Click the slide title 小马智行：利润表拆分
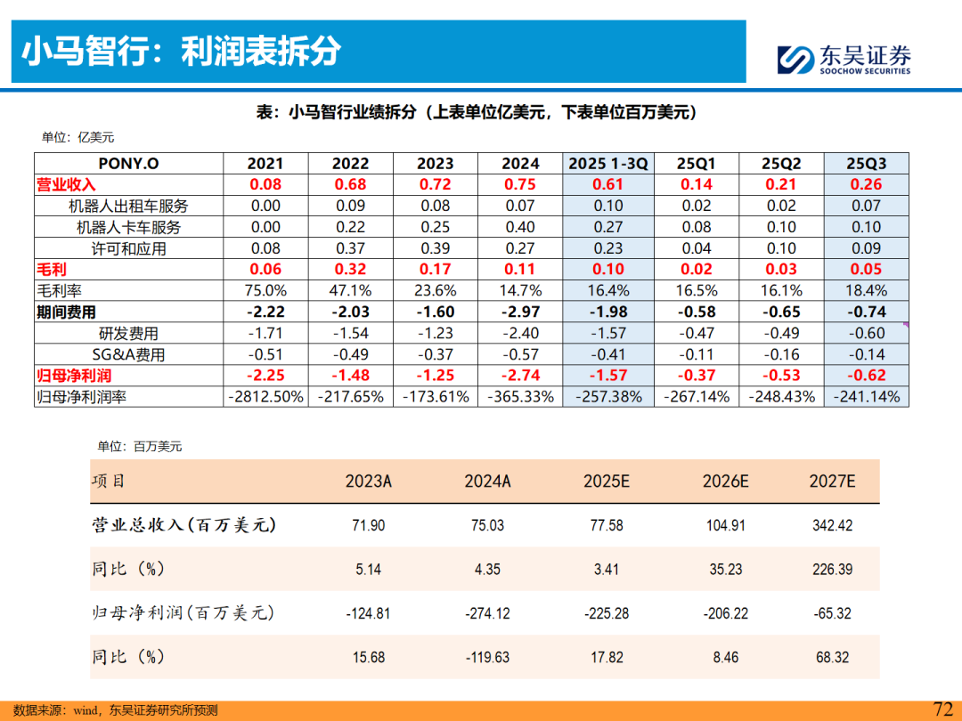coord(181,52)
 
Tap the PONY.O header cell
coord(128,163)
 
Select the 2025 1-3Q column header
coord(608,163)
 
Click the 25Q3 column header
coord(866,163)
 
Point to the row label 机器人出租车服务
coord(128,206)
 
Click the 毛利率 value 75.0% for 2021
coord(265,290)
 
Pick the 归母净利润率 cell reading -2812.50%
coord(265,396)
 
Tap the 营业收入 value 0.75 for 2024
coord(520,184)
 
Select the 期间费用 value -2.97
coord(520,312)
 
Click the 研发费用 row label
coord(128,333)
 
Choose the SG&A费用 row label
coord(128,354)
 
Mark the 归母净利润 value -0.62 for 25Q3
coord(866,376)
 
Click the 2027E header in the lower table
coord(832,481)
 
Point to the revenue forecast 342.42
coord(832,525)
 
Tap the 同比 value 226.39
coord(832,570)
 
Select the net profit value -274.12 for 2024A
coord(487,613)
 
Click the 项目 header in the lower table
coord(109,481)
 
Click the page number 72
coord(942,709)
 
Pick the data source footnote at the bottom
coord(116,710)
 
